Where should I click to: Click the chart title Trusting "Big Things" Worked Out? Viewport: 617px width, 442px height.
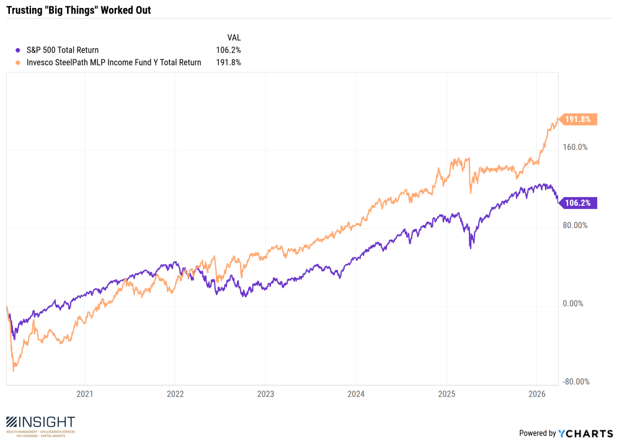coord(78,11)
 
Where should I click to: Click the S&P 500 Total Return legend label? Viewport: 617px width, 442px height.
coord(63,50)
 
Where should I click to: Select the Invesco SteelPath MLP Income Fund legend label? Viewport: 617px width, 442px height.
coord(114,62)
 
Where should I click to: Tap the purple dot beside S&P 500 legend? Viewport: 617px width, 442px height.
coord(18,50)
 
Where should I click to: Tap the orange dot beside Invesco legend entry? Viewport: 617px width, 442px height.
coord(18,62)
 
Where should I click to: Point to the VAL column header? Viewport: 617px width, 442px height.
coord(234,38)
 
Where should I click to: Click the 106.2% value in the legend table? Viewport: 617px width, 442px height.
coord(228,50)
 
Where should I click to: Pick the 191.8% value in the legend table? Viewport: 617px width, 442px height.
coord(228,62)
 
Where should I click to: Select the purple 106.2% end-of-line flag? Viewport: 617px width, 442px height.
coord(577,203)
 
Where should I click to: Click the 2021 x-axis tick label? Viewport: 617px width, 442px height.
coord(85,394)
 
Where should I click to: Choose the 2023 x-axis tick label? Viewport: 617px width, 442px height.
coord(265,394)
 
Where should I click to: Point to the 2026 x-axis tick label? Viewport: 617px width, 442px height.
coord(537,394)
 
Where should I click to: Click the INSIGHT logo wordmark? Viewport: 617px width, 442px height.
coord(40,422)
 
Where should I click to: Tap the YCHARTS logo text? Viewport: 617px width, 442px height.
coord(586,433)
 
